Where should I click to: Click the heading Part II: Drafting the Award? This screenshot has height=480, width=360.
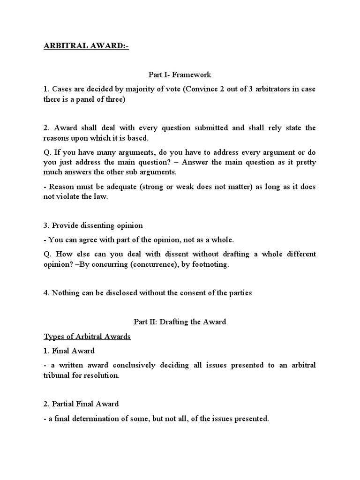coord(180,322)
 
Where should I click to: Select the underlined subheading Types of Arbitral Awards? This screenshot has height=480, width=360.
coord(87,337)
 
